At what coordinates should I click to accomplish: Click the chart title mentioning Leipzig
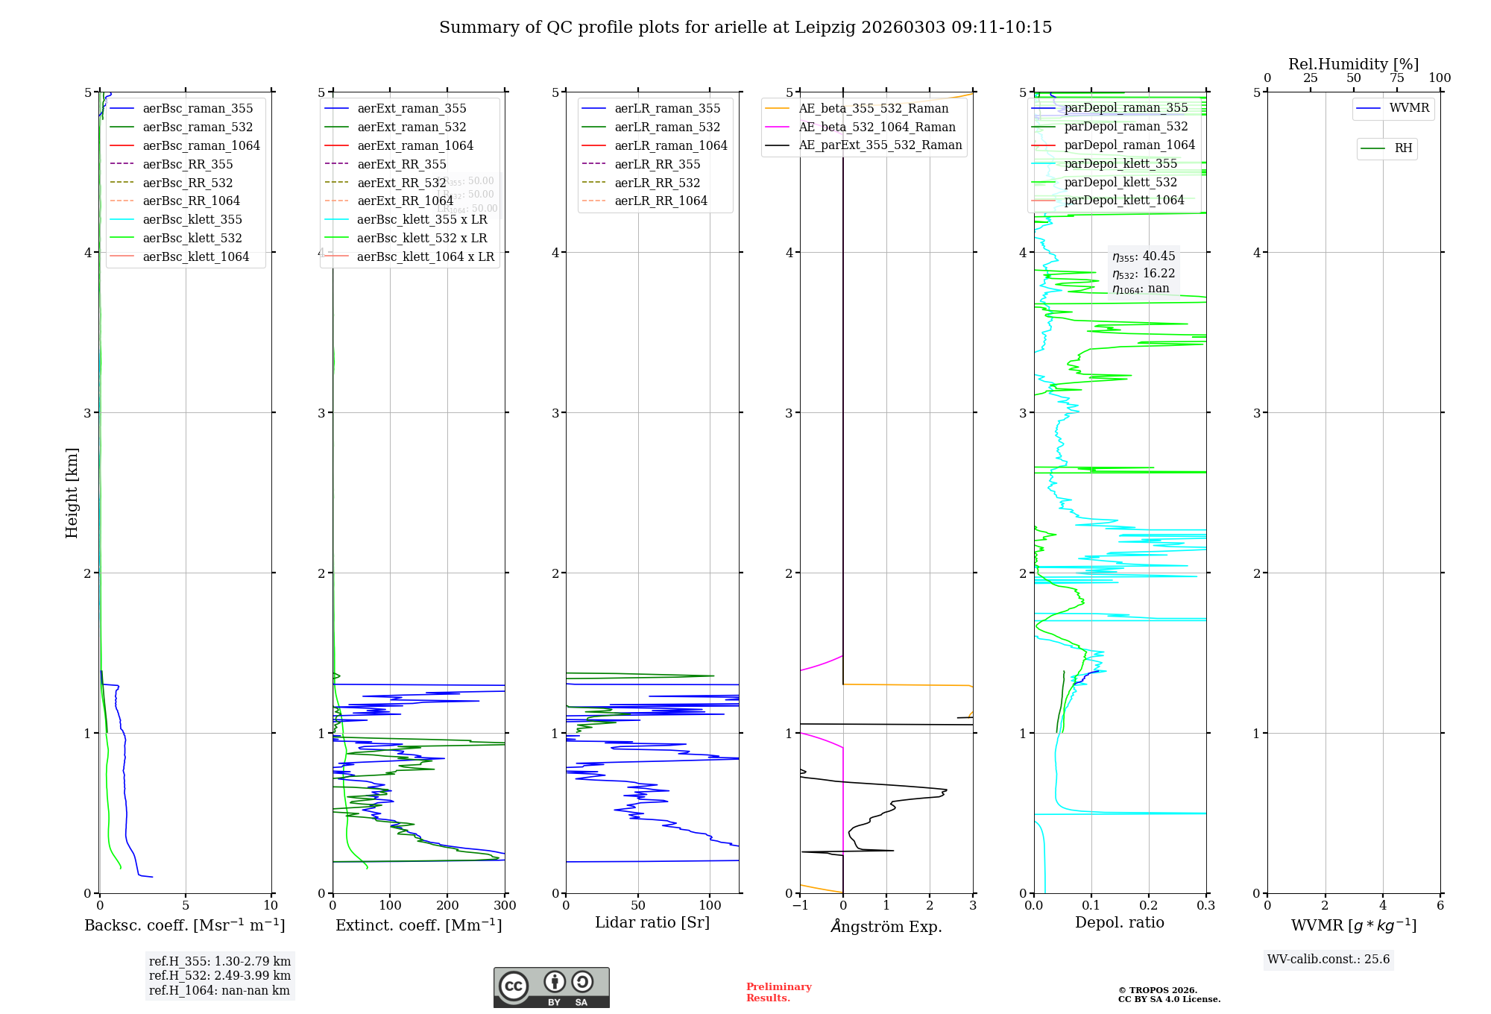click(745, 28)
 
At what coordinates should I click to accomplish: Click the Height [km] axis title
click(72, 493)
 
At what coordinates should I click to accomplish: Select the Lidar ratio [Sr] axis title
click(652, 923)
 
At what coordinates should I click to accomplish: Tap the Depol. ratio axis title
click(1120, 923)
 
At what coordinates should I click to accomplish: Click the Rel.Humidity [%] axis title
click(1353, 64)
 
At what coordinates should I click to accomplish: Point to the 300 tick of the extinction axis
click(505, 906)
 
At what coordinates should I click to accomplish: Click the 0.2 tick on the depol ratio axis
click(1149, 906)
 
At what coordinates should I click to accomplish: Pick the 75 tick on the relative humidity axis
click(1397, 78)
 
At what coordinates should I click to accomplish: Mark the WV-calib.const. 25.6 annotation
click(1328, 960)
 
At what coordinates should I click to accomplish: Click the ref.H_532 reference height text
click(220, 976)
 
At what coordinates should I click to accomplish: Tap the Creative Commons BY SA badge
click(552, 988)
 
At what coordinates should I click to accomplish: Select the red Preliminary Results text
click(779, 992)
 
